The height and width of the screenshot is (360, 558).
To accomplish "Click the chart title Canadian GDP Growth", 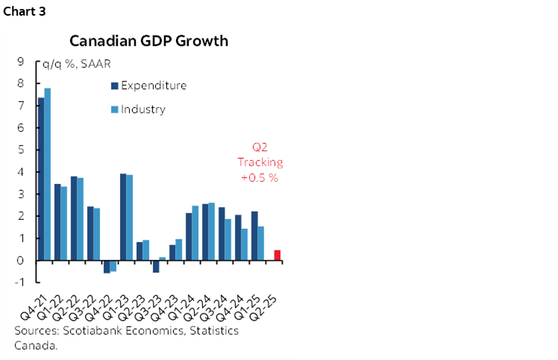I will pyautogui.click(x=149, y=40).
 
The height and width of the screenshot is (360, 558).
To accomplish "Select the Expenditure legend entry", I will pyautogui.click(x=153, y=85).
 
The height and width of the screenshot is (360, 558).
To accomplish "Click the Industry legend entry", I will pyautogui.click(x=142, y=109).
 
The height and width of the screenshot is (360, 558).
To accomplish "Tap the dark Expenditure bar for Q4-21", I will pyautogui.click(x=41, y=179).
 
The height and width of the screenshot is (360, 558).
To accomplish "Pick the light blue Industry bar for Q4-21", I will pyautogui.click(x=48, y=174).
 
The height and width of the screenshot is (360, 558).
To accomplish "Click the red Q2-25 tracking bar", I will pyautogui.click(x=278, y=255).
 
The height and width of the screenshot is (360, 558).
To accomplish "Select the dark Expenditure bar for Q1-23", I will pyautogui.click(x=123, y=217).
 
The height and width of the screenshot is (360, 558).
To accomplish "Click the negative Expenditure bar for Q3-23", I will pyautogui.click(x=156, y=266).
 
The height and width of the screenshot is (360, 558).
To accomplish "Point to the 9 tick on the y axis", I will pyautogui.click(x=22, y=62).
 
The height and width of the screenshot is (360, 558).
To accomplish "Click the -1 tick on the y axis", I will pyautogui.click(x=20, y=282).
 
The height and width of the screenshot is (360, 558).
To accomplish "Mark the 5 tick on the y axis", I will pyautogui.click(x=22, y=150).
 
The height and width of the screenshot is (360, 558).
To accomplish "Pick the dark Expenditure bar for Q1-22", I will pyautogui.click(x=57, y=222).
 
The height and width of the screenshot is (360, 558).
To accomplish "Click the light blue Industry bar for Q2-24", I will pyautogui.click(x=211, y=232).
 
